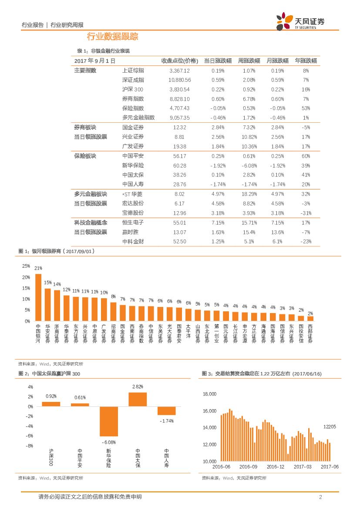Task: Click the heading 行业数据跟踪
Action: coord(112,37)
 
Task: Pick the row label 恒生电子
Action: coord(133,222)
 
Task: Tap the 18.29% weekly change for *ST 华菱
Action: coord(249,194)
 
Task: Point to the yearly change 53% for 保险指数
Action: coord(306,108)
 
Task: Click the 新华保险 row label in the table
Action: coord(133,165)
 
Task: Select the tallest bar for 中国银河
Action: coord(38,297)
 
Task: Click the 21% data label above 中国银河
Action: coord(38,268)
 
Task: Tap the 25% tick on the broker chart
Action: coord(26,266)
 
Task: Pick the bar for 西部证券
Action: coord(310,318)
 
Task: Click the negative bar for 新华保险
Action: coord(109,421)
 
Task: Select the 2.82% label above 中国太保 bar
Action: coord(138,387)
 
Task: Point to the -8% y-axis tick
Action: coord(30,446)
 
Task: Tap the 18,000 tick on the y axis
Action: coord(210,394)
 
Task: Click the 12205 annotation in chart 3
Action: coord(330,426)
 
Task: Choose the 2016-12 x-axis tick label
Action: coord(275,466)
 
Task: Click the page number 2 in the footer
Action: coord(320,497)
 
